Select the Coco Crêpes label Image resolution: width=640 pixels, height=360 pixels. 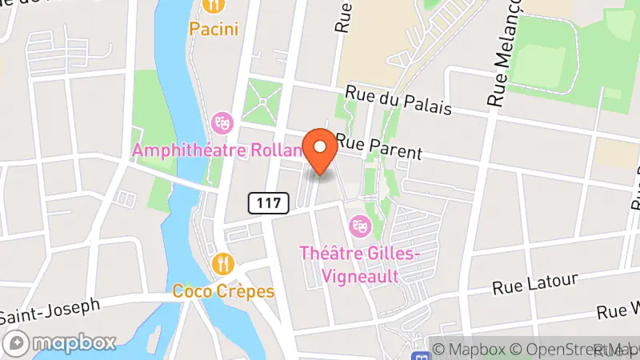point(224,291)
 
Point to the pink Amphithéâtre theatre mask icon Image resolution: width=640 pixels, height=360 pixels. point(222,122)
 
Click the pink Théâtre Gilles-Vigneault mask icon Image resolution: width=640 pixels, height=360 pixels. point(359,226)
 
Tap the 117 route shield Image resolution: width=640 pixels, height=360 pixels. point(268,203)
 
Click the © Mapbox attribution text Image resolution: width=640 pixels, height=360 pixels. point(471,349)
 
